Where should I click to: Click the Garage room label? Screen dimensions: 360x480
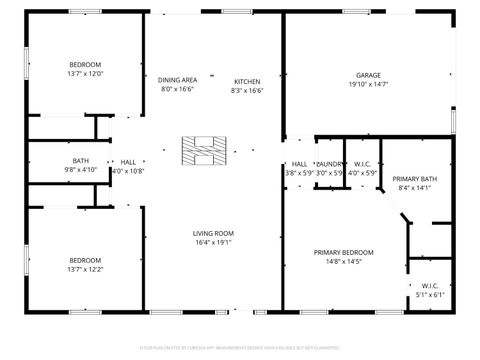[369, 75]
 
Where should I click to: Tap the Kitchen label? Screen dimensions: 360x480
[247, 81]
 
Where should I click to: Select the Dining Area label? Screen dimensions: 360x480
[177, 79]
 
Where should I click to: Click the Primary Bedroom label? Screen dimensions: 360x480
[343, 252]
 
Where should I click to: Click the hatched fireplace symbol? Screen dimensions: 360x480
[200, 149]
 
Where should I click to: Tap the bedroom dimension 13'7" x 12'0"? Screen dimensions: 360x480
[85, 74]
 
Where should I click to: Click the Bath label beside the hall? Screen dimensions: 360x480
[80, 161]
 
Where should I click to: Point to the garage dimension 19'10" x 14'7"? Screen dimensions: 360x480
[369, 85]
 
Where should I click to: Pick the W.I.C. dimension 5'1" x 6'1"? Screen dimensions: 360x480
[429, 294]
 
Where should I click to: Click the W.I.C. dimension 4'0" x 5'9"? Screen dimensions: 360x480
[362, 173]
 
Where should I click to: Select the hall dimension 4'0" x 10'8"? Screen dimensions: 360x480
[128, 171]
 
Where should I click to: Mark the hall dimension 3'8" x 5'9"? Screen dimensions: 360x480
[299, 173]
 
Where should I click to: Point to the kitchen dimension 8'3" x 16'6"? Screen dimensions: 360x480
[247, 90]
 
